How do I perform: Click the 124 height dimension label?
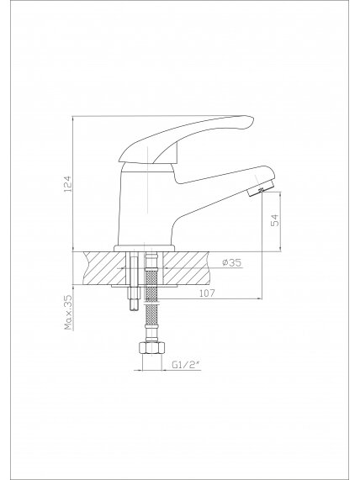pos(68,183)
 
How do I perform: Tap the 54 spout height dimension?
pos(275,219)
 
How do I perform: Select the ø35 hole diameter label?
pos(232,262)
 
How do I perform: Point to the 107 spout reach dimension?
pos(207,293)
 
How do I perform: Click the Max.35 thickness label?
pos(68,312)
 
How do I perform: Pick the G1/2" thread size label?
pos(186,364)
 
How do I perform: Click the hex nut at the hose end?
pos(151,348)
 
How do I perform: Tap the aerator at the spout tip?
pos(261,188)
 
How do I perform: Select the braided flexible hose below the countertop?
pos(151,293)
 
